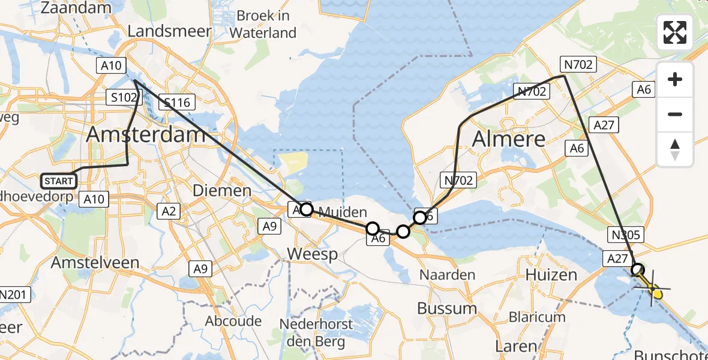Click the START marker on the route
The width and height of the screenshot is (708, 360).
tap(59, 181)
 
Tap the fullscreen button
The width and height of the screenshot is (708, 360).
tap(675, 32)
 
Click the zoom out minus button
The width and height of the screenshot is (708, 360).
tap(675, 114)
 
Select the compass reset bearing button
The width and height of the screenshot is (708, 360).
tap(675, 149)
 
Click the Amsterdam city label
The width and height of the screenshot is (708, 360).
tap(146, 134)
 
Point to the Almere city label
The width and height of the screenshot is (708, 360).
tap(509, 139)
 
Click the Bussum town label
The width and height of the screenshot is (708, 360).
tap(448, 309)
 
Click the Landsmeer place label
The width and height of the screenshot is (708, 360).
tap(169, 31)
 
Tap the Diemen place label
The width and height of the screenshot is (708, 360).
tap(222, 191)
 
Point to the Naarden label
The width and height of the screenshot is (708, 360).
tap(448, 275)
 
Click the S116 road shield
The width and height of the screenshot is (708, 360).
tap(176, 103)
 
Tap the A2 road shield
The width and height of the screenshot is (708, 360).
tap(169, 210)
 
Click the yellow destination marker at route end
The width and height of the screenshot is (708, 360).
tap(658, 293)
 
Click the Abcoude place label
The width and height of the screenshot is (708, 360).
tap(233, 321)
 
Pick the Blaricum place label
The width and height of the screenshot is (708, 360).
tap(537, 317)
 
